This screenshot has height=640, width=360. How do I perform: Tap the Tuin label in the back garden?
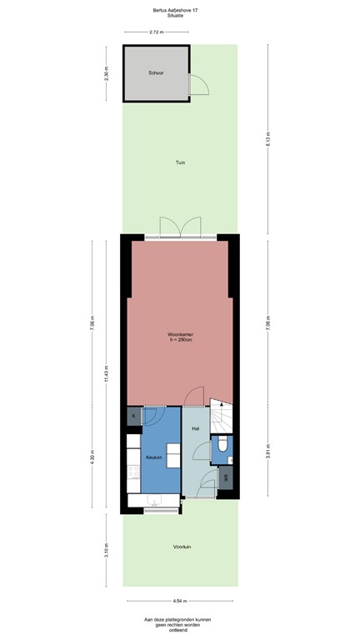point(180,162)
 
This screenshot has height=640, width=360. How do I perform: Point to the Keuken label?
point(153,457)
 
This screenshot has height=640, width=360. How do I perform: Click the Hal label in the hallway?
point(195,428)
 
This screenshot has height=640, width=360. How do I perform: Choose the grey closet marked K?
point(134,415)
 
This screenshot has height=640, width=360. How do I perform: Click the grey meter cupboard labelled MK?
point(227,478)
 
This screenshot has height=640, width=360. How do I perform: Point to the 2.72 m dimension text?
point(156,32)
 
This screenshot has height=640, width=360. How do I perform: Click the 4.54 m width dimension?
point(181,600)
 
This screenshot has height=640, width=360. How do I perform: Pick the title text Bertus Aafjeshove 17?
point(180,10)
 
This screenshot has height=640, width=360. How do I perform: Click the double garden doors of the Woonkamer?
point(180,228)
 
